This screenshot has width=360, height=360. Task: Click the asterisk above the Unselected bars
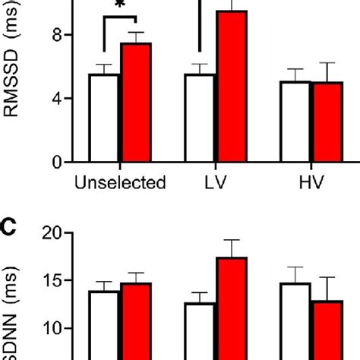[x=120, y=7]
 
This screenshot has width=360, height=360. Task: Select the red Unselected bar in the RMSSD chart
[x=136, y=103]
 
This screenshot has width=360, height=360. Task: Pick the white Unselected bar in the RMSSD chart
[x=104, y=118]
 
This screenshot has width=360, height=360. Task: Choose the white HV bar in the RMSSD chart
[x=296, y=122]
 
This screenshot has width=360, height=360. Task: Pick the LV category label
[x=216, y=183]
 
